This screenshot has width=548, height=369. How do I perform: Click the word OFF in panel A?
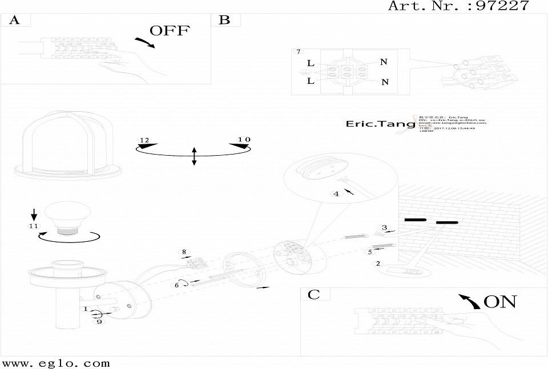[x=169, y=31]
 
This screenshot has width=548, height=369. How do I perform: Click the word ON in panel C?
[x=499, y=302]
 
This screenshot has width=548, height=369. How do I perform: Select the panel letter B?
[x=225, y=21]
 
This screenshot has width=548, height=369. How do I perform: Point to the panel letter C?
[x=314, y=294]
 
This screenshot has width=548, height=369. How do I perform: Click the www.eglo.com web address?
[x=56, y=363]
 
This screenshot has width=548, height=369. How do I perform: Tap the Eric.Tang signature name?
[x=374, y=123]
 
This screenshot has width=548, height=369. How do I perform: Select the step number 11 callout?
[x=33, y=226]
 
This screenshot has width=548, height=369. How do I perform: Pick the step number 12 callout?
[x=144, y=140]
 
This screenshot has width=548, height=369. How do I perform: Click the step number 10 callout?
[x=244, y=139]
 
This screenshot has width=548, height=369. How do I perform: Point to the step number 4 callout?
[x=336, y=194]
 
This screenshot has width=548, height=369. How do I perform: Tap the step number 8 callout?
[x=184, y=252]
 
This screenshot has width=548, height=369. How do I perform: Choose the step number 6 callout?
[x=178, y=285]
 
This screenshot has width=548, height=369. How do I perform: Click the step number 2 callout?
[x=377, y=263]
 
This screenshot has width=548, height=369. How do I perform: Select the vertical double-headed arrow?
[x=194, y=156]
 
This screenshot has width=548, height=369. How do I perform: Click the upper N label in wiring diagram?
[x=384, y=62]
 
